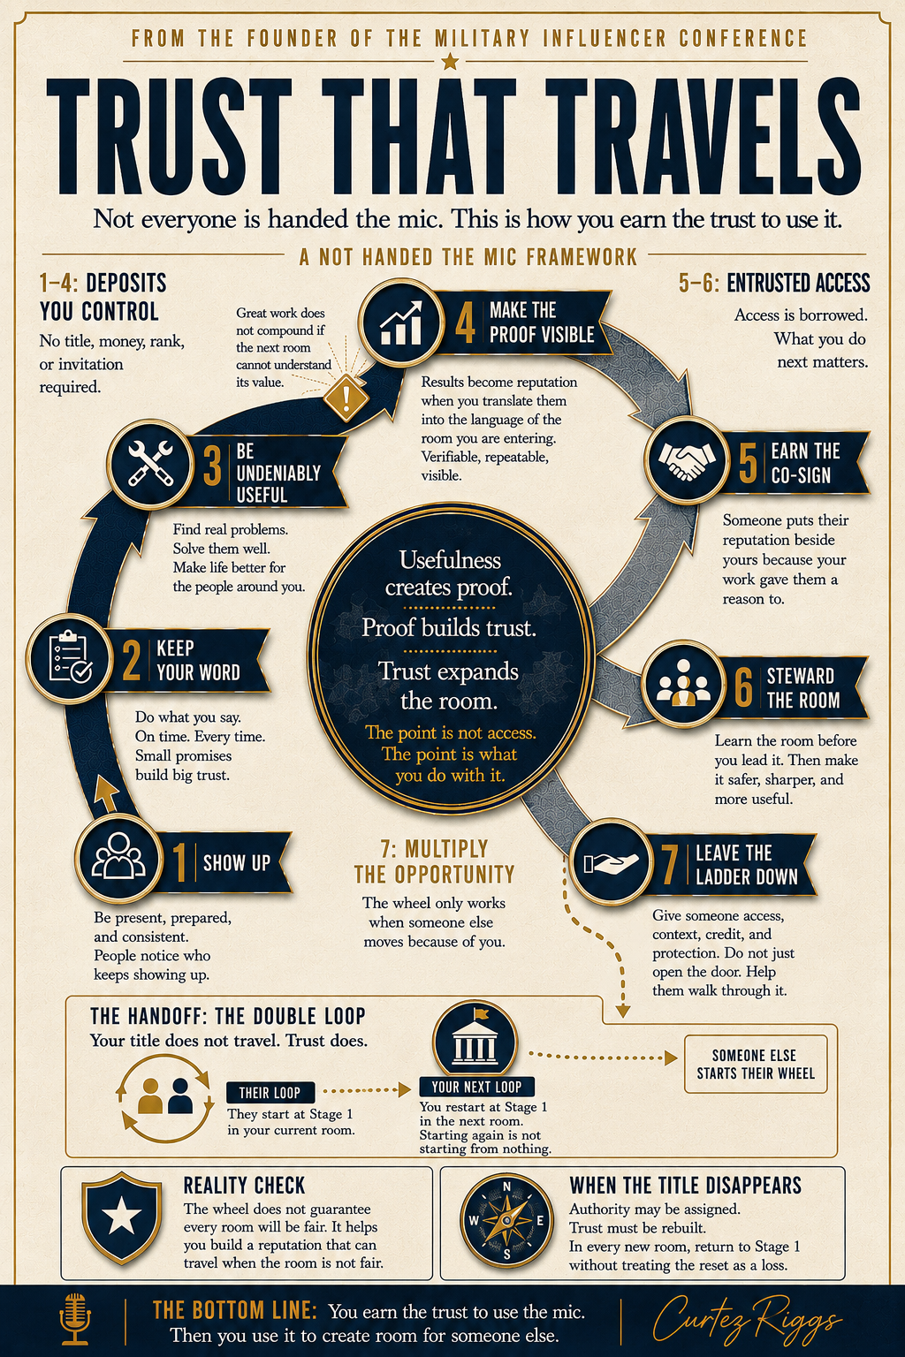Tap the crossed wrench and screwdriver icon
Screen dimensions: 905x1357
150,464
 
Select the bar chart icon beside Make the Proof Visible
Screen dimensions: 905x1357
400,323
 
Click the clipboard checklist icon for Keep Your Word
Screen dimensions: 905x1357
70,658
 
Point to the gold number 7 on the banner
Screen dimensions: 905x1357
669,865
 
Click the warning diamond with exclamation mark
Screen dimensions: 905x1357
346,397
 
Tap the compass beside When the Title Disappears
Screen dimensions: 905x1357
506,1221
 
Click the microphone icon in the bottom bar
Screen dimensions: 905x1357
74,1318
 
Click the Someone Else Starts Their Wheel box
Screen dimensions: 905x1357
756,1065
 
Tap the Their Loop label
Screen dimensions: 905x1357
270,1092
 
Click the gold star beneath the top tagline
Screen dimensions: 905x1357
449,61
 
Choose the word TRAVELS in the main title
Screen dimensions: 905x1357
702,136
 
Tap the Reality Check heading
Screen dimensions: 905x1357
244,1186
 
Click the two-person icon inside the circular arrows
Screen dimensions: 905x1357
165,1095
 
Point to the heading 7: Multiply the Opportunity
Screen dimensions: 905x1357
434,861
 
